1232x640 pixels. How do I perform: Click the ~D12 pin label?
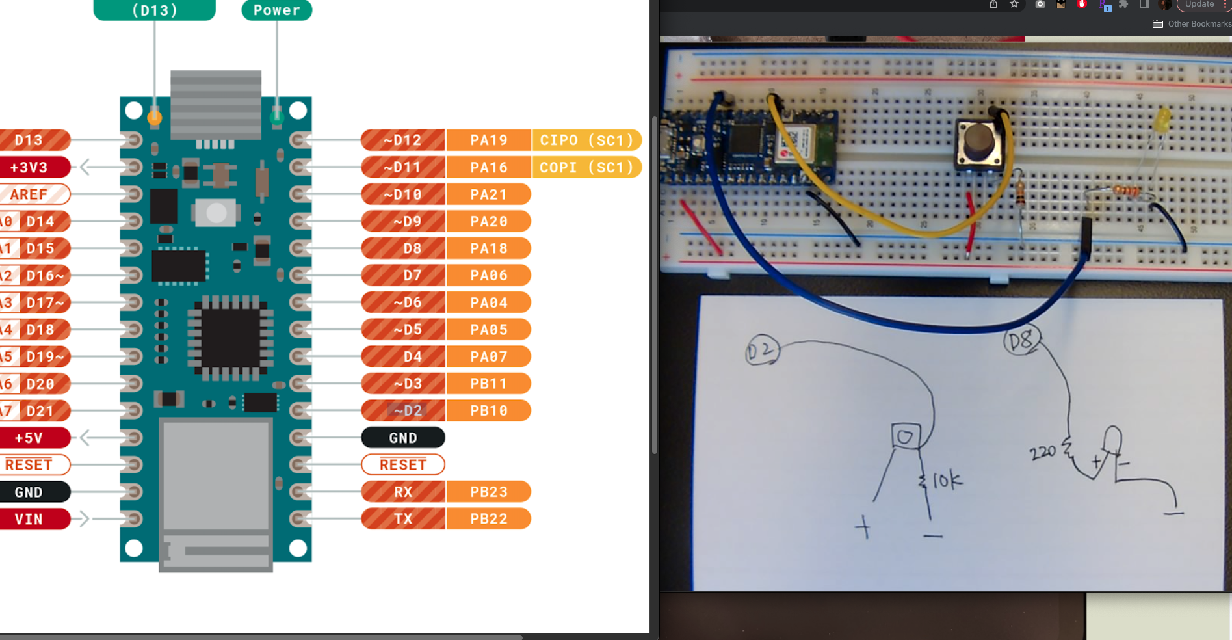point(403,140)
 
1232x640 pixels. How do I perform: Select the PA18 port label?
point(488,248)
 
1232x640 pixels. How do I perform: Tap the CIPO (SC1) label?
point(586,140)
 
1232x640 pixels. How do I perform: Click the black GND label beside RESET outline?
point(403,438)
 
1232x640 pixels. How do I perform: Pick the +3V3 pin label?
point(30,167)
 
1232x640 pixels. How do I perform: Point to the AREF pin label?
point(30,194)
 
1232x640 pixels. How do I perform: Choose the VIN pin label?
point(30,519)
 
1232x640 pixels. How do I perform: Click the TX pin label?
point(403,519)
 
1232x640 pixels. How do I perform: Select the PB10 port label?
point(488,410)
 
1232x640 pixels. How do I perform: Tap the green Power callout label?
point(277,10)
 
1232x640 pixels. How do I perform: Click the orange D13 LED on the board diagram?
point(154,117)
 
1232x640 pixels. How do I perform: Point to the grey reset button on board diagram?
point(216,212)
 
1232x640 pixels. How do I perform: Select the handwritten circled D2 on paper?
point(762,351)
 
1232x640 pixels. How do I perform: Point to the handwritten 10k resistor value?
point(947,481)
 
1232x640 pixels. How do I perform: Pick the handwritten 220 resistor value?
point(1043,452)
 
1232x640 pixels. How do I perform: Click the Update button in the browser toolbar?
point(1200,5)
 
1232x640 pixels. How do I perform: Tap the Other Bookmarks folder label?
point(1199,24)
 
